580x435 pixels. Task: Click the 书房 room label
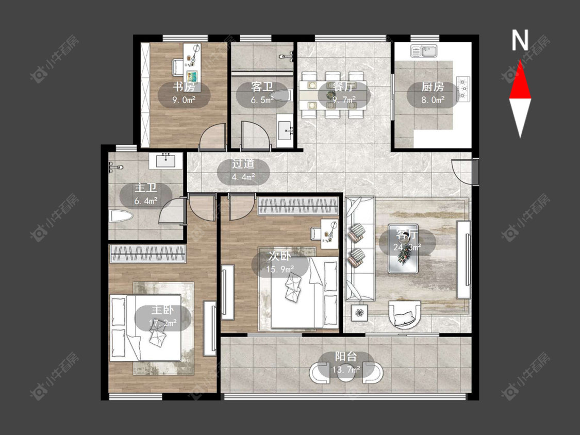184,87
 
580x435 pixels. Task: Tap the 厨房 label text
433,87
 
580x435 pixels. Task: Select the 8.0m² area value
433,100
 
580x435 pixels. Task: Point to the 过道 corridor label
243,164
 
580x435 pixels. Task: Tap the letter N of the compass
520,40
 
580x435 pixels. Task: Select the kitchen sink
424,52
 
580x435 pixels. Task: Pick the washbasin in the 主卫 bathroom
165,161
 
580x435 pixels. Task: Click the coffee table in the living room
403,248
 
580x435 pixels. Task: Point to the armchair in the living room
405,315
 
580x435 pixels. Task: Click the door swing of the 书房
213,137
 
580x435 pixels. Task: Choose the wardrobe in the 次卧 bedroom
298,206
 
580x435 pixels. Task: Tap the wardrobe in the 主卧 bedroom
147,254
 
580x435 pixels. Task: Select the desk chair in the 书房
177,67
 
